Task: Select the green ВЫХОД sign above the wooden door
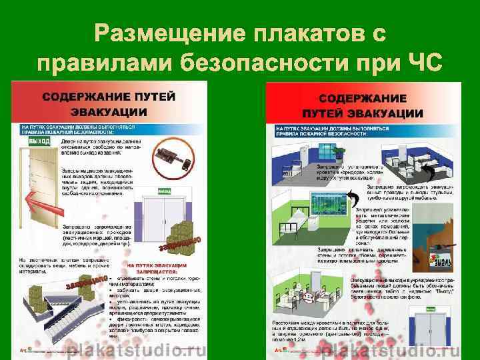(39, 142)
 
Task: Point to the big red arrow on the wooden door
(41, 197)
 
